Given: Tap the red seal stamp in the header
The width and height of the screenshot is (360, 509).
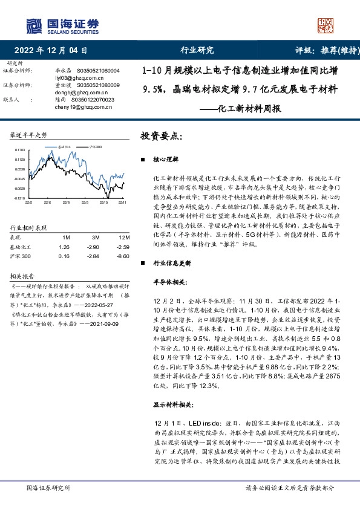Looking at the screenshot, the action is click(326, 25).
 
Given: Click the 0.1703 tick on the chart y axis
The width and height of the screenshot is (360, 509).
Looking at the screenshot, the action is click(19, 149).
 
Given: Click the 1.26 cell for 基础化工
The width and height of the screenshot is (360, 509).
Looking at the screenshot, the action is click(64, 247).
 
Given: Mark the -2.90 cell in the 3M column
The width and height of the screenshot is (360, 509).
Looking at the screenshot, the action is click(93, 247).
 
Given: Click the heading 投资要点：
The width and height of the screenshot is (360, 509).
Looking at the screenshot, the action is click(161, 136).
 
